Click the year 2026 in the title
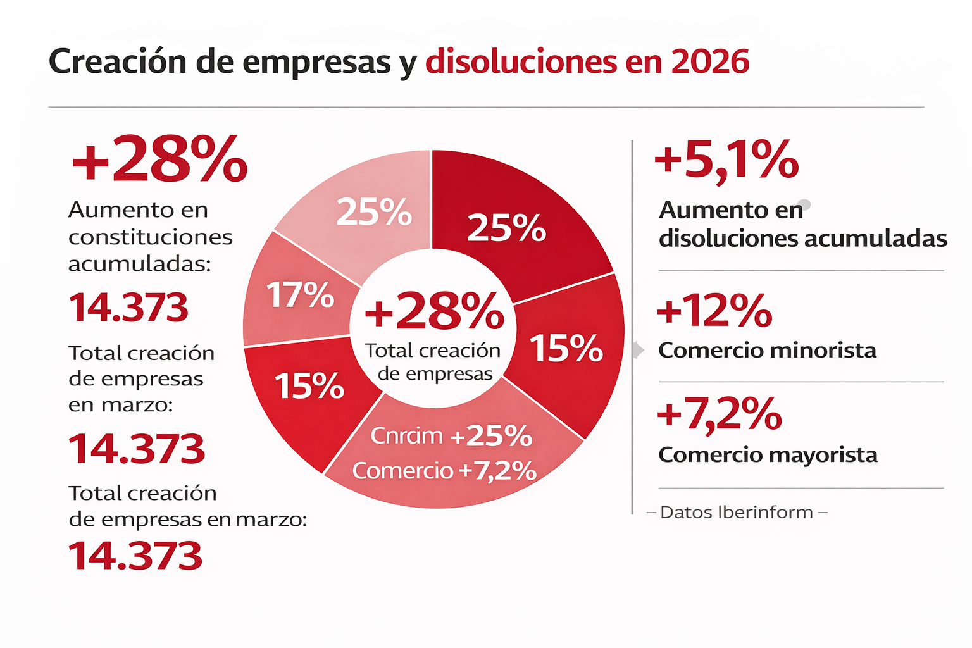[710, 62]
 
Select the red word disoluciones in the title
[521, 62]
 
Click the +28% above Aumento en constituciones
[159, 159]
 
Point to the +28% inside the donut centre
[434, 311]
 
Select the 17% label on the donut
[300, 295]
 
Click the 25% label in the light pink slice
[374, 212]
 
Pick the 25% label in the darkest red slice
[506, 228]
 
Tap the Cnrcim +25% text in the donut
[451, 436]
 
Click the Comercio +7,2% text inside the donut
[444, 470]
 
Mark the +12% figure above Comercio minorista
[714, 311]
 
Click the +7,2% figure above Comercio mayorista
[720, 414]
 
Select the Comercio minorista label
[767, 351]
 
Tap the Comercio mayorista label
[768, 455]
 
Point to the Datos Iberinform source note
[737, 512]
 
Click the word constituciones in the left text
[151, 237]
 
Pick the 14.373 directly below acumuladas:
[128, 308]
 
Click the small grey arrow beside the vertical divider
[638, 350]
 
